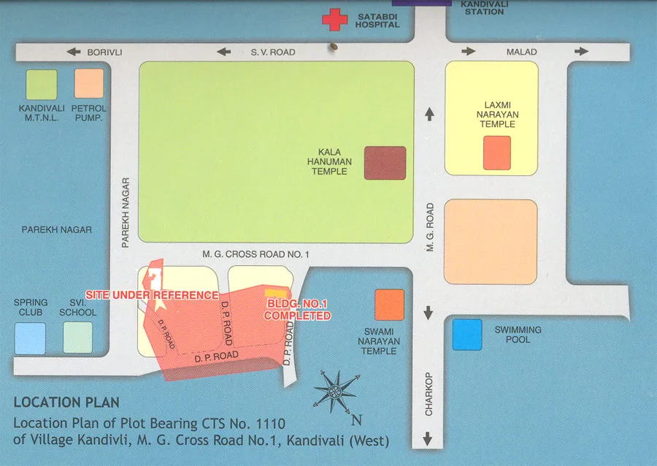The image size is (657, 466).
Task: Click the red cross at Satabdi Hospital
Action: point(335,19)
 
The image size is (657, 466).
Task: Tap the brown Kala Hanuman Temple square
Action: point(385,163)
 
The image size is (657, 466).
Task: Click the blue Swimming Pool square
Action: point(467,335)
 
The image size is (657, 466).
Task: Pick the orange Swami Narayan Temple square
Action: point(389,305)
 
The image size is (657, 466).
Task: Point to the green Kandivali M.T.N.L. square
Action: point(42,84)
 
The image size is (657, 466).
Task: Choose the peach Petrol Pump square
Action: point(89,83)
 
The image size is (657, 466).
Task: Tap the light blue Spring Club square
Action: point(30,338)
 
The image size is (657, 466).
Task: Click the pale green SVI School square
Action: point(77,338)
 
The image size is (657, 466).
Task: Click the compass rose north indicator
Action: point(337,391)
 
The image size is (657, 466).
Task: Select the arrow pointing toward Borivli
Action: point(73,52)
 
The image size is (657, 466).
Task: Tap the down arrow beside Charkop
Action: point(428,440)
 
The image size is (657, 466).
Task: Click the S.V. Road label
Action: point(273,52)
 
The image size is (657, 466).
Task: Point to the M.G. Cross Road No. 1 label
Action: point(257,254)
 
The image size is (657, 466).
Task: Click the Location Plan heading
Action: point(66,402)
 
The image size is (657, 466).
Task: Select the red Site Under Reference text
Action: point(152,295)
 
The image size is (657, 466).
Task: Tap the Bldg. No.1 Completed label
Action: point(297,310)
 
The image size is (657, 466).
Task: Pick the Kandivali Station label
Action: point(483,7)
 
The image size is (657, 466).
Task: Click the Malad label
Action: point(522,52)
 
